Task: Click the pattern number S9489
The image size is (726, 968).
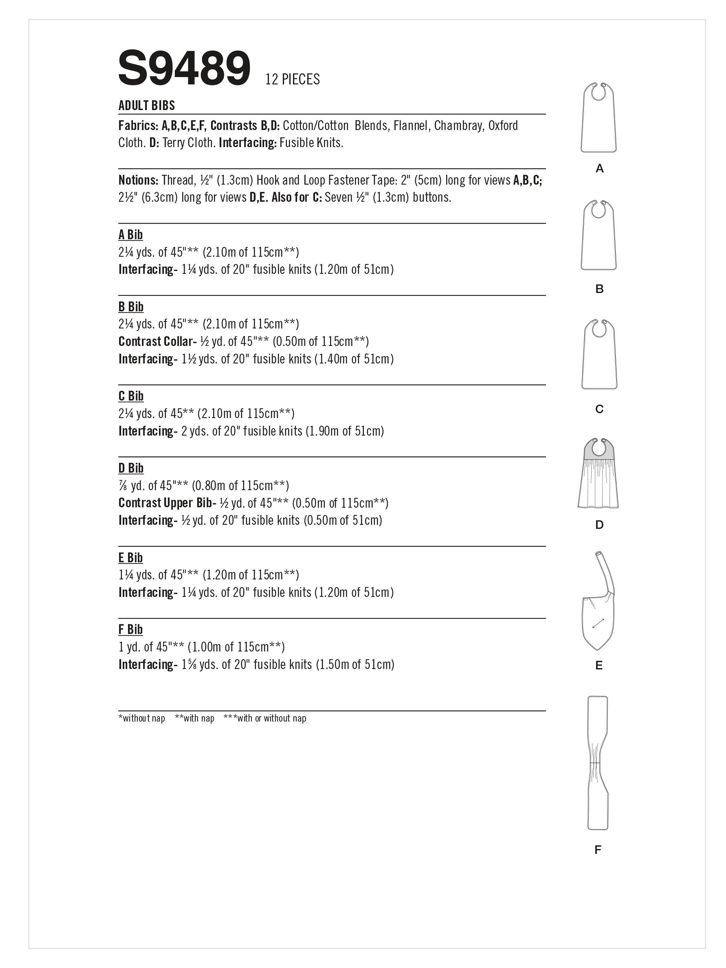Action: pyautogui.click(x=184, y=68)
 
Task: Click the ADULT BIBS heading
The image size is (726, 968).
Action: pyautogui.click(x=146, y=106)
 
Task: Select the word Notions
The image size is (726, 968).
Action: pyautogui.click(x=138, y=180)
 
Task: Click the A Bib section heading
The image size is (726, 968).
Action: pyautogui.click(x=130, y=235)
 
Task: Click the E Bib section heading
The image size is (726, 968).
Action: pyautogui.click(x=130, y=558)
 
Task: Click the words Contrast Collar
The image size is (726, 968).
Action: pyautogui.click(x=155, y=341)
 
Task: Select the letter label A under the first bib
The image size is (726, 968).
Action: pyautogui.click(x=600, y=168)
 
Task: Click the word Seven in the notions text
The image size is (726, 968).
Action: pyautogui.click(x=339, y=197)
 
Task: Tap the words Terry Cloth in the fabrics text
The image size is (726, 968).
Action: pyautogui.click(x=189, y=143)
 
